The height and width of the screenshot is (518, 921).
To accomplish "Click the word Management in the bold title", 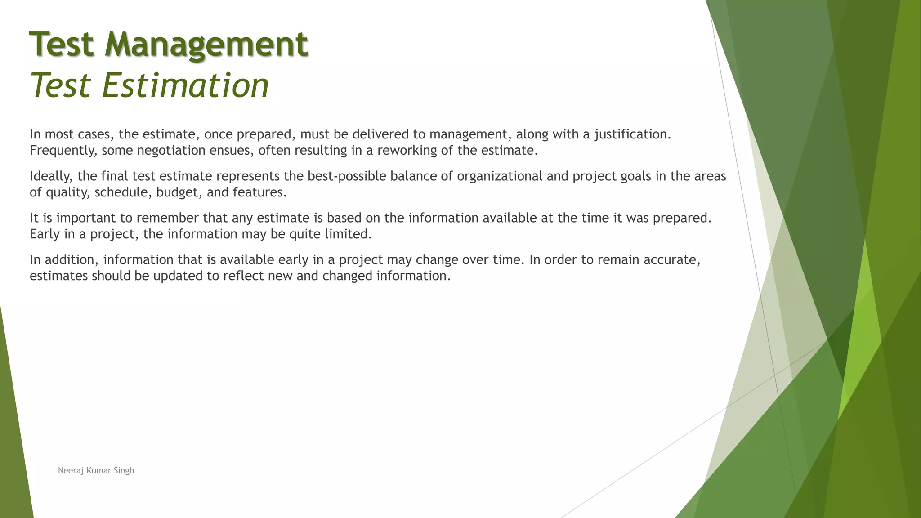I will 206,44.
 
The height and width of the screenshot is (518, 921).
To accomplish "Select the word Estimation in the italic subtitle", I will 185,85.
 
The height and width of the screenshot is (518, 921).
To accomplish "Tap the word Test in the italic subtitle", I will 62,85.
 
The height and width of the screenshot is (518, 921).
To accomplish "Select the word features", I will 259,192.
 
